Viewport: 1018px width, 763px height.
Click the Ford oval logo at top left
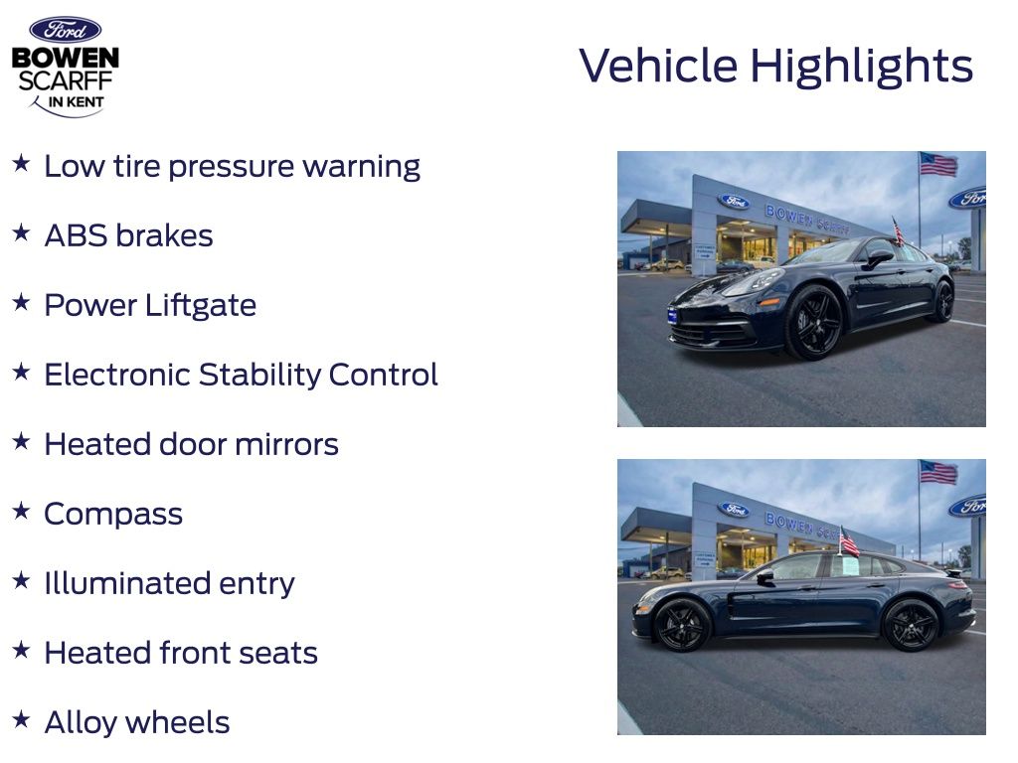[x=65, y=30]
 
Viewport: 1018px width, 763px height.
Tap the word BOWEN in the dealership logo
[x=66, y=59]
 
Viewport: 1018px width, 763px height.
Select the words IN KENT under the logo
[x=76, y=102]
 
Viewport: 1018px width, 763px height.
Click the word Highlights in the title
[x=862, y=67]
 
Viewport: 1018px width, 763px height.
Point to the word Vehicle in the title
[x=658, y=66]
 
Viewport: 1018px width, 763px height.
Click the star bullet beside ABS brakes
[x=22, y=232]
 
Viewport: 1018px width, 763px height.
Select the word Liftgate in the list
[x=201, y=306]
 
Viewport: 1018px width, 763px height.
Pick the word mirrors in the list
[x=286, y=444]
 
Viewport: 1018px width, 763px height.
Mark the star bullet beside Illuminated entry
[x=22, y=580]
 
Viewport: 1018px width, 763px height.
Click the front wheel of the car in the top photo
[x=813, y=322]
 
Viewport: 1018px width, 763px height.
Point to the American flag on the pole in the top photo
[x=938, y=164]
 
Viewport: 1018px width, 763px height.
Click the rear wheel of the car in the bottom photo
[x=911, y=625]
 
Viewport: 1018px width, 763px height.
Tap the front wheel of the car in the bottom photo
[x=682, y=626]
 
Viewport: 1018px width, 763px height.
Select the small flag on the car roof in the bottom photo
[x=849, y=542]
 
